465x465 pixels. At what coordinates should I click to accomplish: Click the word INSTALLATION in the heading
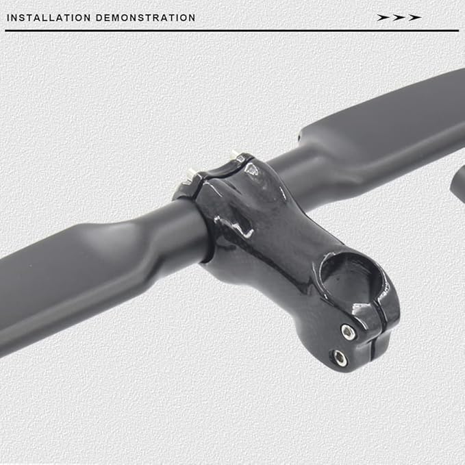(x=49, y=18)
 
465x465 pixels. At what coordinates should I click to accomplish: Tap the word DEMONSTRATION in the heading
(x=146, y=18)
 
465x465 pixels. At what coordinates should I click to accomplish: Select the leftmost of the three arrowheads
(x=383, y=18)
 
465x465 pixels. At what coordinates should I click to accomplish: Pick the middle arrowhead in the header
(x=399, y=18)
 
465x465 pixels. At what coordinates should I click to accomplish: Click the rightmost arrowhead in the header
(x=415, y=18)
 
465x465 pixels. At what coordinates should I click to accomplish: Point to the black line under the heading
(x=232, y=30)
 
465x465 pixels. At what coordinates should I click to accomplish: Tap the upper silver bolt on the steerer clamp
(x=348, y=331)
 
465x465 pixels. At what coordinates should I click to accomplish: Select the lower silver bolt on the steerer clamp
(x=339, y=357)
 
